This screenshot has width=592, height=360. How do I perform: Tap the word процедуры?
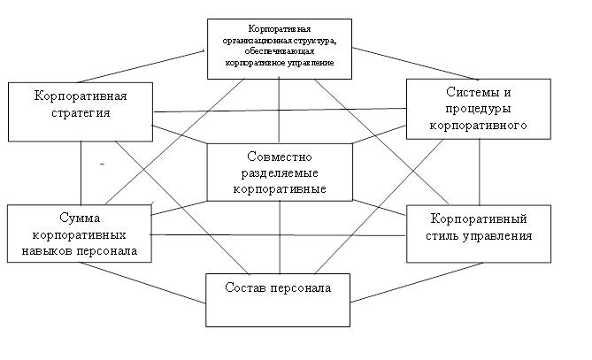pos(479,109)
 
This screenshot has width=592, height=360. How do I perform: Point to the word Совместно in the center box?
pos(280,156)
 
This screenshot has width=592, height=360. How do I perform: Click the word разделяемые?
pos(280,172)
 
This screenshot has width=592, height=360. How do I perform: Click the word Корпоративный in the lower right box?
pos(479,218)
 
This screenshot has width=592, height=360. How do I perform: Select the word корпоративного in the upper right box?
pos(479,126)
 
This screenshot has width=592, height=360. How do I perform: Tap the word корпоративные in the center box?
pos(280,188)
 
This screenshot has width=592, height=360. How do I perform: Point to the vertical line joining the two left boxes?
pos(81,172)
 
